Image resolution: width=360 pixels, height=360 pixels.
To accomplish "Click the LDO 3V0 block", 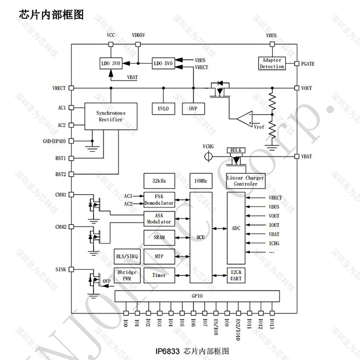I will pyautogui.click(x=111, y=63).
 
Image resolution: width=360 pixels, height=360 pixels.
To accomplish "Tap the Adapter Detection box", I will pyautogui.click(x=272, y=63).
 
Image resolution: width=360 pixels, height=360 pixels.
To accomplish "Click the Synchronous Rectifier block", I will pyautogui.click(x=111, y=117).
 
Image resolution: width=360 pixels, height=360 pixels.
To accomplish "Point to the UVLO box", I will pyautogui.click(x=163, y=108).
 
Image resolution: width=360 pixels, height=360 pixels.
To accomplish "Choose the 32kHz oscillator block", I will pyautogui.click(x=159, y=181).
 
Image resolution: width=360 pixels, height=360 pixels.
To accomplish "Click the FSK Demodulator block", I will pyautogui.click(x=159, y=199).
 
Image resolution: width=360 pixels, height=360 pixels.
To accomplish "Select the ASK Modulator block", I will pyautogui.click(x=159, y=218).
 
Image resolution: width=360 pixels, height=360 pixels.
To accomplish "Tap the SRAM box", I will pyautogui.click(x=159, y=236).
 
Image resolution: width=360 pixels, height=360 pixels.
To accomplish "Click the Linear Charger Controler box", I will pyautogui.click(x=246, y=180).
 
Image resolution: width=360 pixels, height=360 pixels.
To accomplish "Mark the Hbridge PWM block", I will pyautogui.click(x=126, y=275).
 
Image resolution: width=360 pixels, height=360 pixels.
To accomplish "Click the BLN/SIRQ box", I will pyautogui.click(x=126, y=256).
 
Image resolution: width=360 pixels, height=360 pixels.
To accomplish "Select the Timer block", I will pyautogui.click(x=159, y=275).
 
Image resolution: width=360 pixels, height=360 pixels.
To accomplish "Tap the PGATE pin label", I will pyautogui.click(x=307, y=63).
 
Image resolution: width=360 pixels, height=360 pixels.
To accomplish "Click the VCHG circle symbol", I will pyautogui.click(x=207, y=156).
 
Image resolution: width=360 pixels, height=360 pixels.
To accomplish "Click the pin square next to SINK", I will pyautogui.click(x=71, y=269).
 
